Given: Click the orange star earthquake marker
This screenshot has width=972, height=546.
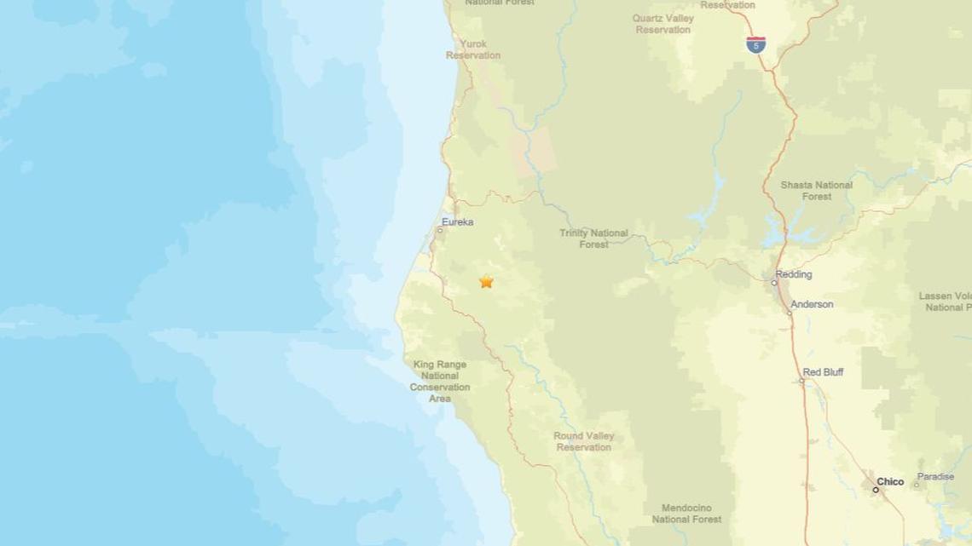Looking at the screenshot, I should coord(486,281).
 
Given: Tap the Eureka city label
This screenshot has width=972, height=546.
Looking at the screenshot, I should coord(458,222).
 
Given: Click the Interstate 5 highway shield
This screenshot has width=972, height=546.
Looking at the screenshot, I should coord(755,44).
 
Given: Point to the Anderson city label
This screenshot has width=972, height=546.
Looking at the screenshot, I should coord(812,304).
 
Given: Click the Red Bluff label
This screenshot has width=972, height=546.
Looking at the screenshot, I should coord(823,372).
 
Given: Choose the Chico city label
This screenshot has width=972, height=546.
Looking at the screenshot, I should coord(890,481).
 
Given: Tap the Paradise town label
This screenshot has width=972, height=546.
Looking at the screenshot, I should coord(935,476).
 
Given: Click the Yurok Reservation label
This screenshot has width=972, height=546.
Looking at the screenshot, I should coord(473,49).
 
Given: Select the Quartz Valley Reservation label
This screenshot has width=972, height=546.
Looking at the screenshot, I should coord(662,24).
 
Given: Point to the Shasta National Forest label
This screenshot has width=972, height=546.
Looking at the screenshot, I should coord(816,191).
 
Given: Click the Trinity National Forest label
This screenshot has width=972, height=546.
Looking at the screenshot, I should coord(593,239).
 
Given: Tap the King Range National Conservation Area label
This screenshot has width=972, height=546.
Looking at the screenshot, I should coord(440,382).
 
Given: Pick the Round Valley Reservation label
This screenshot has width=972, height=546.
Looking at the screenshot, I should coord(584,441).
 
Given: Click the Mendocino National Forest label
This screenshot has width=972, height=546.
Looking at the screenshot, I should coord(686,514).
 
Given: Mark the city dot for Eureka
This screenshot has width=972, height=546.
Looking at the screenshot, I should coord(440,230).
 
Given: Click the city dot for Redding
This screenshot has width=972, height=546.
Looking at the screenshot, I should coord(774,283).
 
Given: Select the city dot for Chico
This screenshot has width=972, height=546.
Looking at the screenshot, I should coord(876,490).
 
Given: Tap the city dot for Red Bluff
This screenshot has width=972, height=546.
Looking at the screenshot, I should coord(801,380).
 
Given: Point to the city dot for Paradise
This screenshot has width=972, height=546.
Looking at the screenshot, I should coord(917,485).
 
